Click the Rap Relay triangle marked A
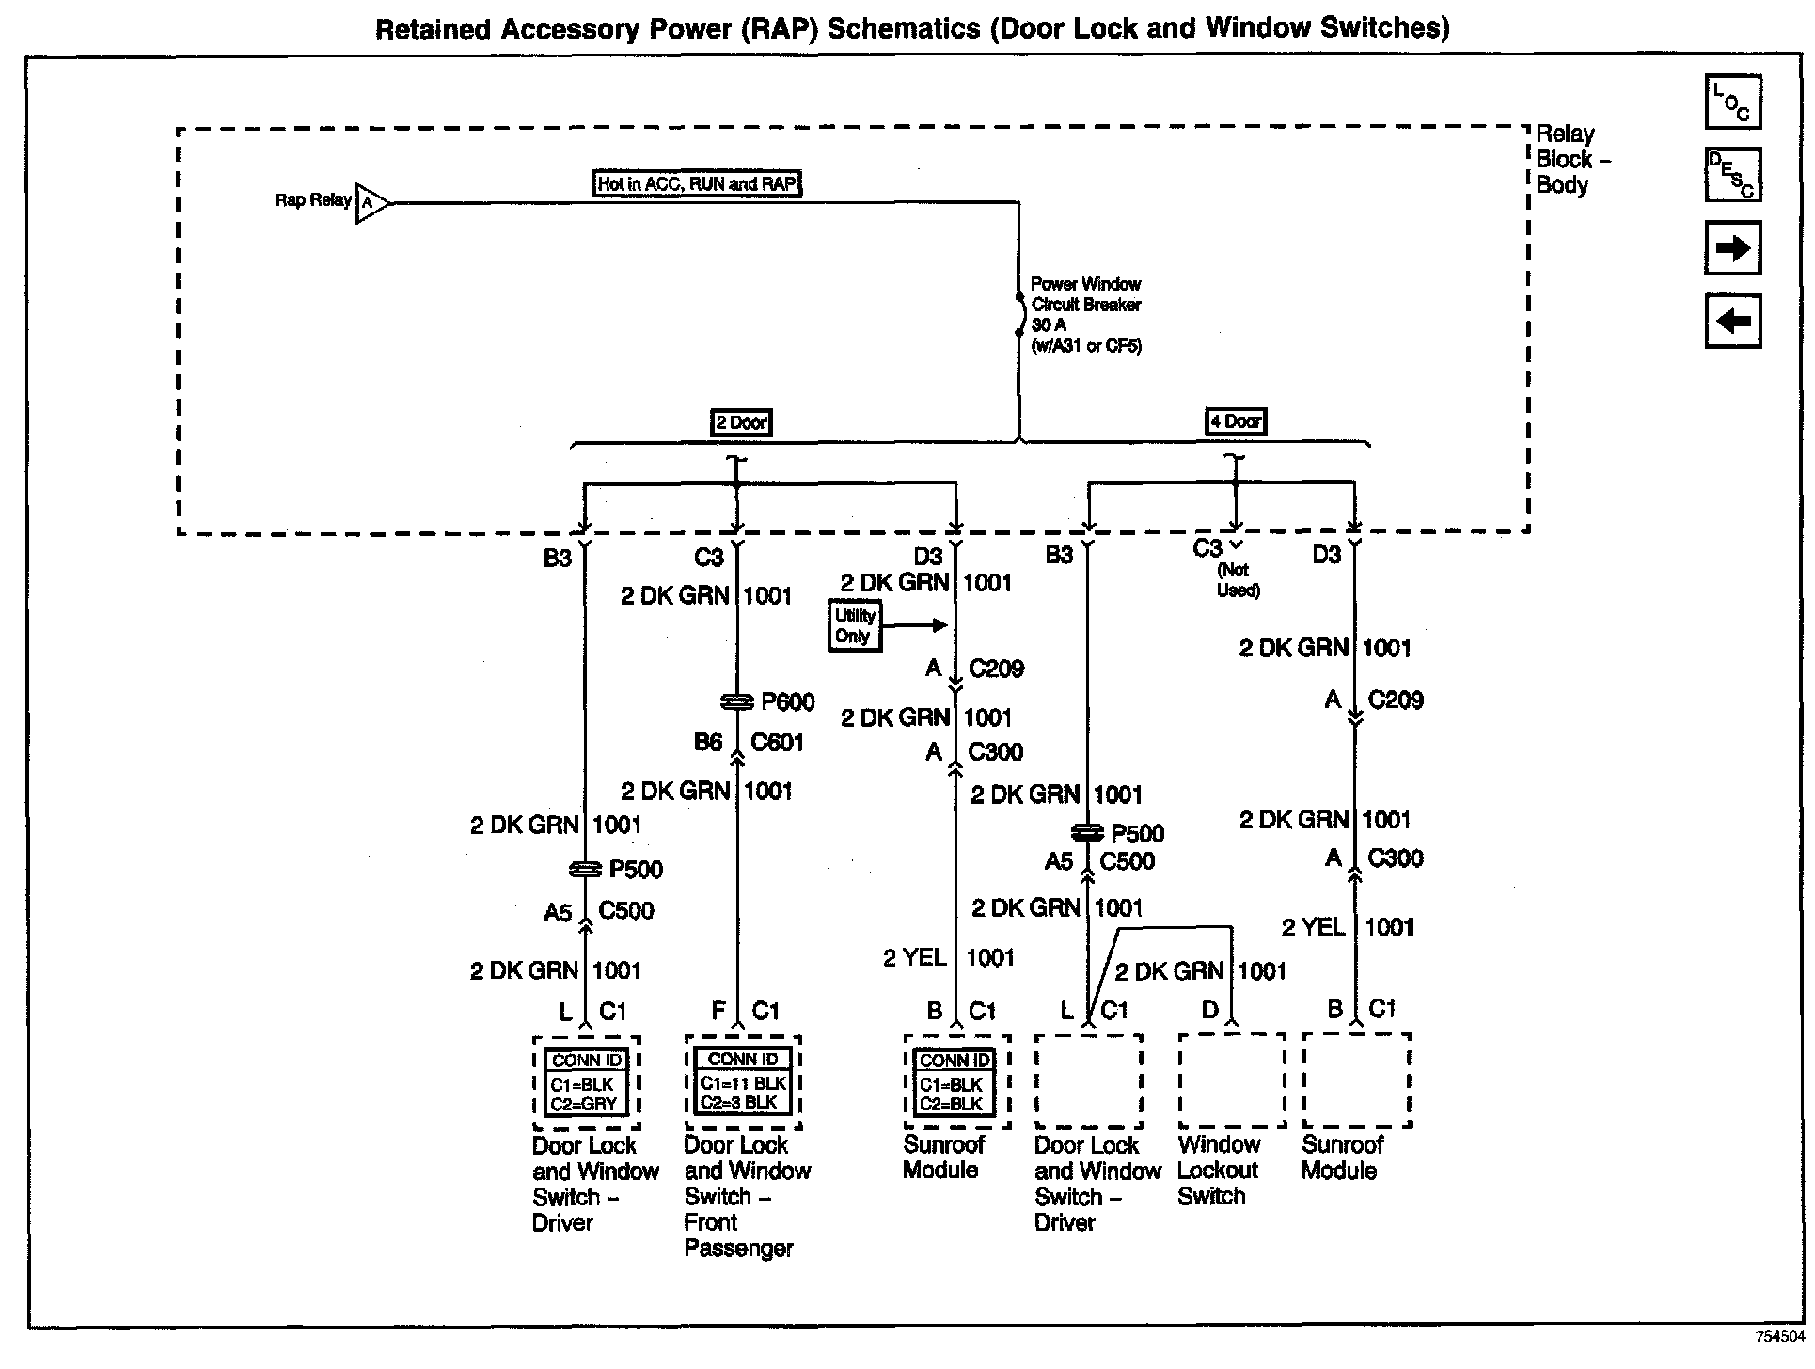[370, 202]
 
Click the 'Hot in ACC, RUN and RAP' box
[697, 183]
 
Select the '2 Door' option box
[741, 422]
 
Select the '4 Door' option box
[1236, 421]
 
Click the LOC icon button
[1732, 102]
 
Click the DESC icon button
[1732, 175]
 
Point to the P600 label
[788, 702]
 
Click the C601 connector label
[777, 743]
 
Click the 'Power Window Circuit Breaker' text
[1086, 294]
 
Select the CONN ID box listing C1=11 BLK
[743, 1082]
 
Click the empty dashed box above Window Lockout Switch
[1231, 1080]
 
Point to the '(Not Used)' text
[1238, 580]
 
